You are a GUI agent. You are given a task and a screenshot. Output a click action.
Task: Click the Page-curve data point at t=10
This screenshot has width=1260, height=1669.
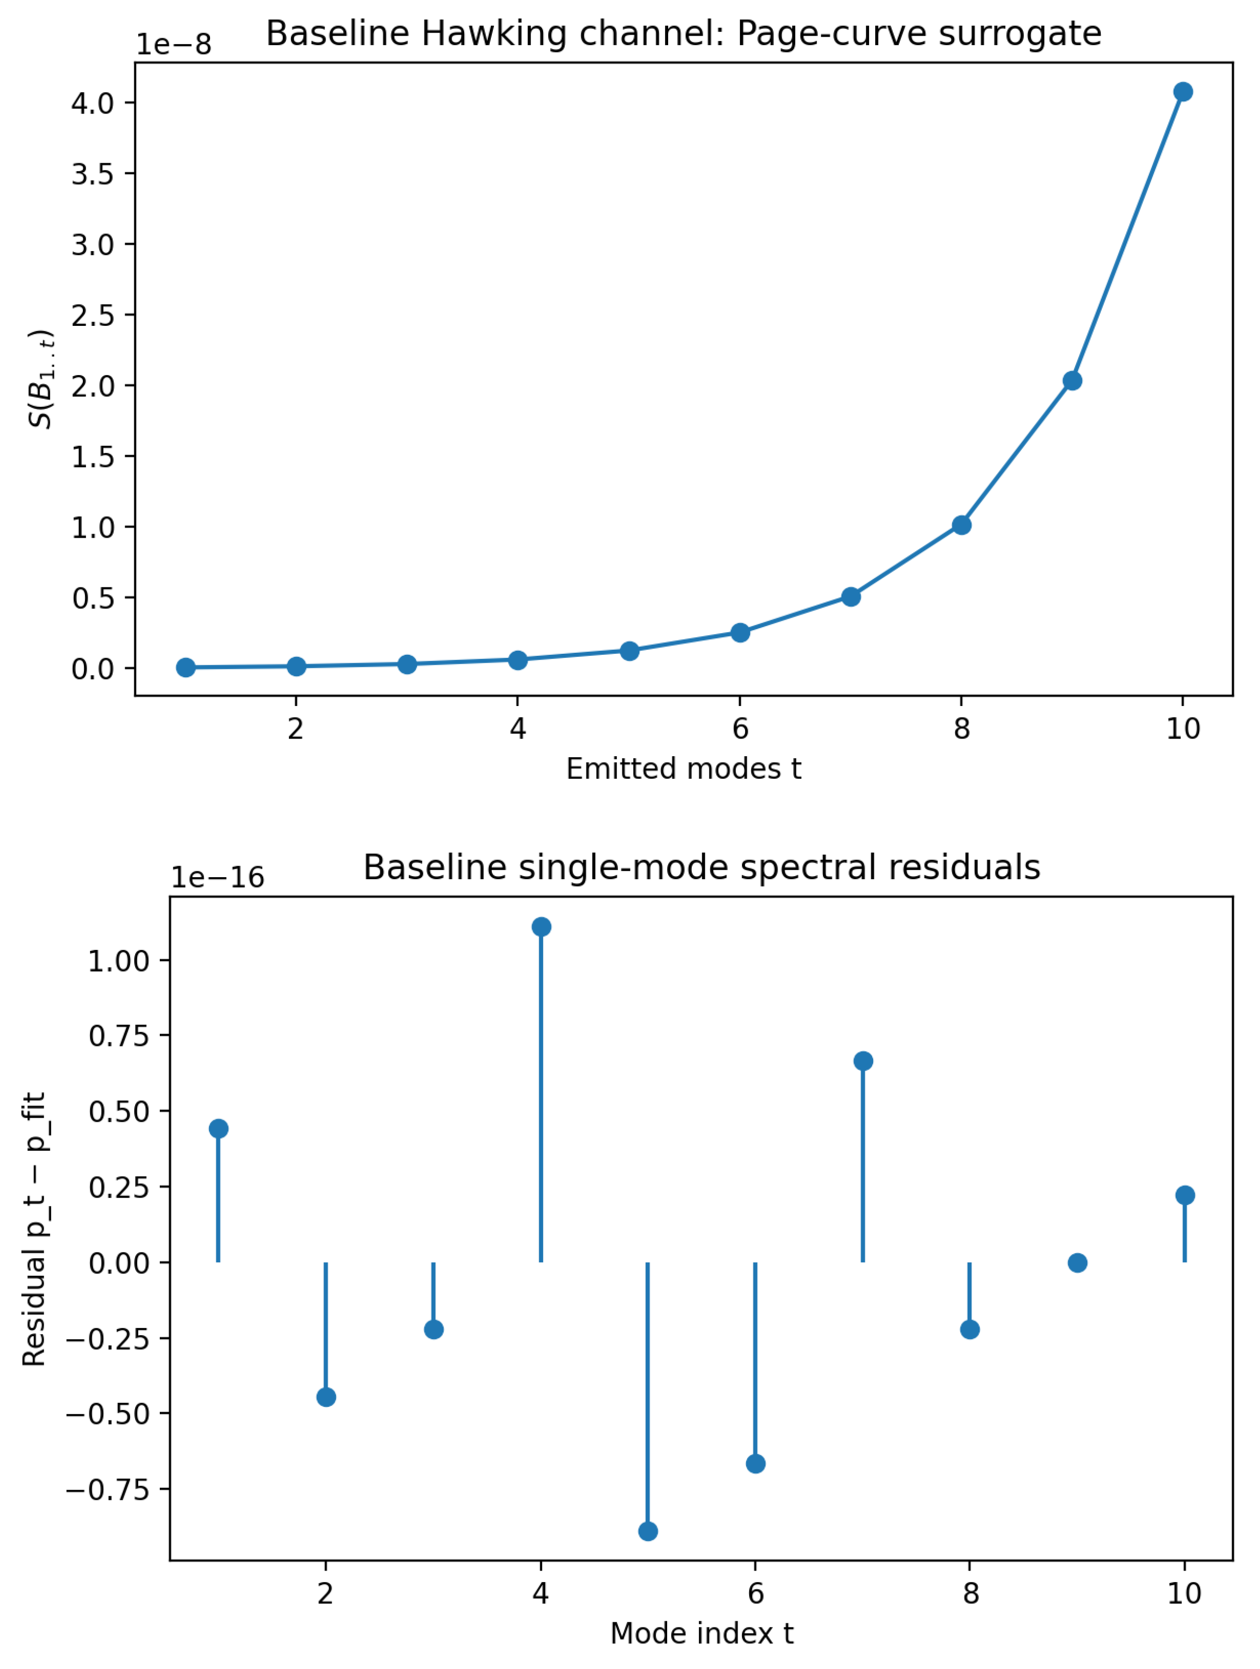click(1183, 92)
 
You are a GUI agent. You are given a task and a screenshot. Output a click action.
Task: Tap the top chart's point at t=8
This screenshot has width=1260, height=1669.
click(961, 525)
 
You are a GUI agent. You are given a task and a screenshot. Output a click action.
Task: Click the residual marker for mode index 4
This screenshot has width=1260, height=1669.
click(541, 926)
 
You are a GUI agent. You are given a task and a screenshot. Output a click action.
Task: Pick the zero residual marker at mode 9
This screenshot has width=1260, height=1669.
click(1077, 1262)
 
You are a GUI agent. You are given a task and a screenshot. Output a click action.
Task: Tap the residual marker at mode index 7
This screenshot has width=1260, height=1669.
click(863, 1061)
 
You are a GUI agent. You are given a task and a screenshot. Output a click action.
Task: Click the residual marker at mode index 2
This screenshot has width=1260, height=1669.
click(326, 1397)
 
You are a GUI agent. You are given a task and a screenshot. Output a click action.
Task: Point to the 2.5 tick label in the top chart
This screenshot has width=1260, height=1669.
click(92, 315)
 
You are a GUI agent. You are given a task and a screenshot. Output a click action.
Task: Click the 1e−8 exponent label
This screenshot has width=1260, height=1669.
click(174, 45)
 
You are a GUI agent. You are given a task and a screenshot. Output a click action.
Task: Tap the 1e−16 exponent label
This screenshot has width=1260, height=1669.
click(218, 878)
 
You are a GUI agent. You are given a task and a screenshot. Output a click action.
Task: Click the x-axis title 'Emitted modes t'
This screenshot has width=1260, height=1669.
click(683, 769)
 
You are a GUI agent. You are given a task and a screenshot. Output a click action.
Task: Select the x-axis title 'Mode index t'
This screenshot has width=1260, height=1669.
click(701, 1633)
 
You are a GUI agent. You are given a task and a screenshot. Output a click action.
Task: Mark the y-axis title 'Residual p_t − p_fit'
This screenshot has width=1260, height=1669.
click(35, 1229)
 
